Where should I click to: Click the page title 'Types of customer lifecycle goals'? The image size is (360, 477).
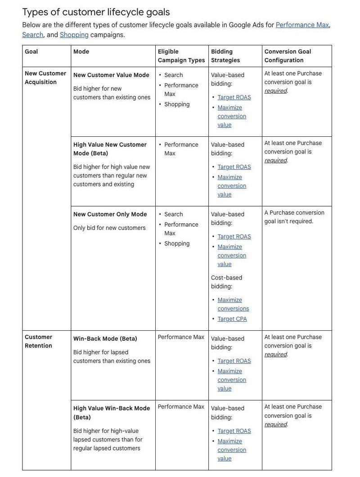(x=96, y=12)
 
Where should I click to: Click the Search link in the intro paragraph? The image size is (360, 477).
(x=32, y=35)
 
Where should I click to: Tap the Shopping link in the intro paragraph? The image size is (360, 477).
(x=74, y=35)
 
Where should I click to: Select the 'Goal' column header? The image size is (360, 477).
(x=31, y=52)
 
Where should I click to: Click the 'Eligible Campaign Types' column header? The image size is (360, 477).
(x=181, y=56)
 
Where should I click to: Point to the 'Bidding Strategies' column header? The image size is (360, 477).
(x=225, y=56)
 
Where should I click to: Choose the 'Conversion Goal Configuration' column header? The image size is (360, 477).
(x=288, y=56)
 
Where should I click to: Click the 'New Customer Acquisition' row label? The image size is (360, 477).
(x=45, y=78)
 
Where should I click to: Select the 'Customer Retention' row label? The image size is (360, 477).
(x=39, y=342)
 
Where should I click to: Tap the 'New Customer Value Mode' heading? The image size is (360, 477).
(x=111, y=75)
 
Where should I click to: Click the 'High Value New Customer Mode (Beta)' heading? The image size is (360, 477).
(x=110, y=149)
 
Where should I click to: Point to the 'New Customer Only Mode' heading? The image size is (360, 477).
(x=110, y=214)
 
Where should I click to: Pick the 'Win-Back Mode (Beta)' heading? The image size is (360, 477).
(x=105, y=339)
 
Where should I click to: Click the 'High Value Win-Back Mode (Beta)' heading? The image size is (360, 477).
(x=112, y=413)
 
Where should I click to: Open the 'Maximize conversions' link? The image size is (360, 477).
(x=233, y=304)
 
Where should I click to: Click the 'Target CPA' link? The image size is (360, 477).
(x=232, y=319)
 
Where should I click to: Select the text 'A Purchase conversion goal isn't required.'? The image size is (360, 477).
(x=294, y=217)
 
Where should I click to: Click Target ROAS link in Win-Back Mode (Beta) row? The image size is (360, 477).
(x=234, y=361)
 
